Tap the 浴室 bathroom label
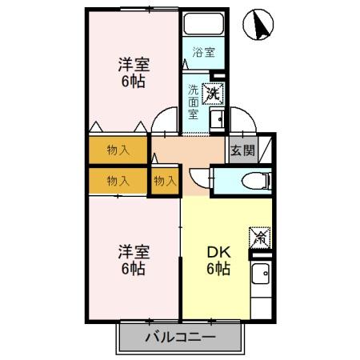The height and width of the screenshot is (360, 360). tap(203, 54)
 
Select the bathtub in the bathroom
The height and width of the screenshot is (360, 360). tap(203, 25)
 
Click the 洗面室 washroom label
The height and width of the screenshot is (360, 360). tap(194, 102)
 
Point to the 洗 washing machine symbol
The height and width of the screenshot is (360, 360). tap(213, 94)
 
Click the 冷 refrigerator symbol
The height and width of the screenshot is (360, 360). tap(260, 236)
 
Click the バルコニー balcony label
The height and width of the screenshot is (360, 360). tap(179, 337)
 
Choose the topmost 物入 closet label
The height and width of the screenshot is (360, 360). tap(118, 150)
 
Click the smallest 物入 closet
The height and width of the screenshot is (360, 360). tap(165, 181)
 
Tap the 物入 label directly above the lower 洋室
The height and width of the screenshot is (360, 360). tap(118, 181)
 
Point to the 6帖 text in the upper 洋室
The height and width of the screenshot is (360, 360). tap(134, 82)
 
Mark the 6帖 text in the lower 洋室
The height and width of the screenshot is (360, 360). tap(134, 270)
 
